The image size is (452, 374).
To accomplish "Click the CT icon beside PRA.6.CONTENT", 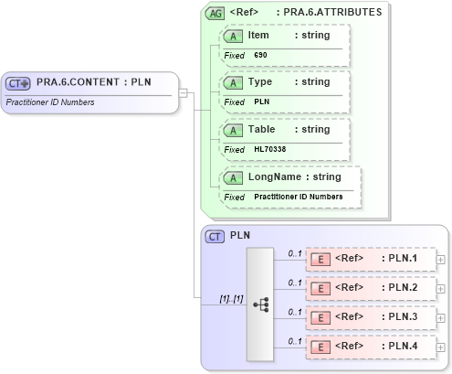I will [19, 83].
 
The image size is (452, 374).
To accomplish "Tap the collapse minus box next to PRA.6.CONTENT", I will [184, 92].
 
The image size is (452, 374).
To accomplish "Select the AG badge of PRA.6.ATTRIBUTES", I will [215, 13].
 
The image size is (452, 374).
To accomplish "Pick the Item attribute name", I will [258, 35].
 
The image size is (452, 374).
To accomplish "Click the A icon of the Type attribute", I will [234, 82].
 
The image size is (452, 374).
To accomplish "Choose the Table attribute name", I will [261, 129].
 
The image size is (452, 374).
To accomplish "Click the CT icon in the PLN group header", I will [215, 236].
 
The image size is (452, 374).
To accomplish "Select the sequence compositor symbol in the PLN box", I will [260, 303].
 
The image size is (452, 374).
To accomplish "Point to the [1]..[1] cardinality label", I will [229, 298].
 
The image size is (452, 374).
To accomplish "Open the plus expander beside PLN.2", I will [441, 289].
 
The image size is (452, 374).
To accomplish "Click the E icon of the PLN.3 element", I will [321, 318].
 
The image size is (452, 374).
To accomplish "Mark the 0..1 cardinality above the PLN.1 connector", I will [295, 252].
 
